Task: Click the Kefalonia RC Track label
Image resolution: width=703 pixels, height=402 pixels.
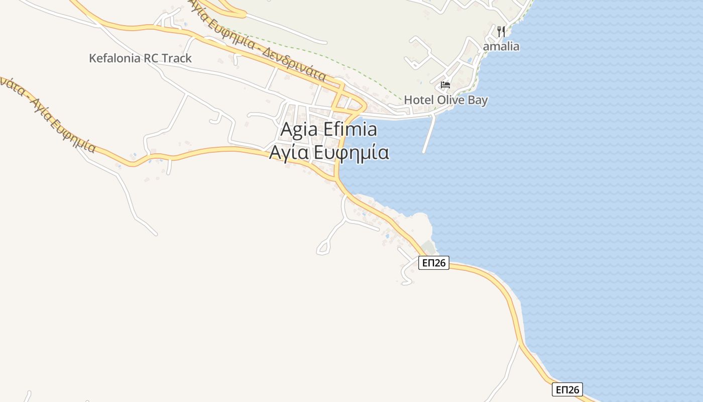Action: (x=140, y=58)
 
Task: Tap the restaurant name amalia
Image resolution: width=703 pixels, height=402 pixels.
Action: (x=501, y=47)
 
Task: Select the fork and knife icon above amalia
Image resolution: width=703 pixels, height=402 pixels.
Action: (x=501, y=31)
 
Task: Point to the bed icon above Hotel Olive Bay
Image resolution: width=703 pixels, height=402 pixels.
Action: (x=445, y=84)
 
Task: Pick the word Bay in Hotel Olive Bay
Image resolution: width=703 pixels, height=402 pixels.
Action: (x=478, y=100)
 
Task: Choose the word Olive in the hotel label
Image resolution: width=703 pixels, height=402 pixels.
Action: (x=450, y=100)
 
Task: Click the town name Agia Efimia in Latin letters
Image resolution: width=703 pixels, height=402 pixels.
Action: (x=328, y=129)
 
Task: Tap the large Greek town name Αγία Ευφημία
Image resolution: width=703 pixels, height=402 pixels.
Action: (x=329, y=152)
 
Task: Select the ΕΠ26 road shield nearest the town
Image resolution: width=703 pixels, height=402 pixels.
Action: (x=433, y=263)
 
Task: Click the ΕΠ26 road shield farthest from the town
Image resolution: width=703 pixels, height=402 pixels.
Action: (x=567, y=389)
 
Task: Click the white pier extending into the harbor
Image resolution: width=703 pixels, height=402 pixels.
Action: (x=428, y=133)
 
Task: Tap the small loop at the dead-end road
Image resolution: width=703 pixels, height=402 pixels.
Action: (x=323, y=248)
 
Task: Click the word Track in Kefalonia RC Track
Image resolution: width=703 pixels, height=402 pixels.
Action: (x=176, y=58)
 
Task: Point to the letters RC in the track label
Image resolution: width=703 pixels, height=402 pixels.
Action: (x=151, y=58)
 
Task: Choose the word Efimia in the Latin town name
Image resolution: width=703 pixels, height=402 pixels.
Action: (x=350, y=129)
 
